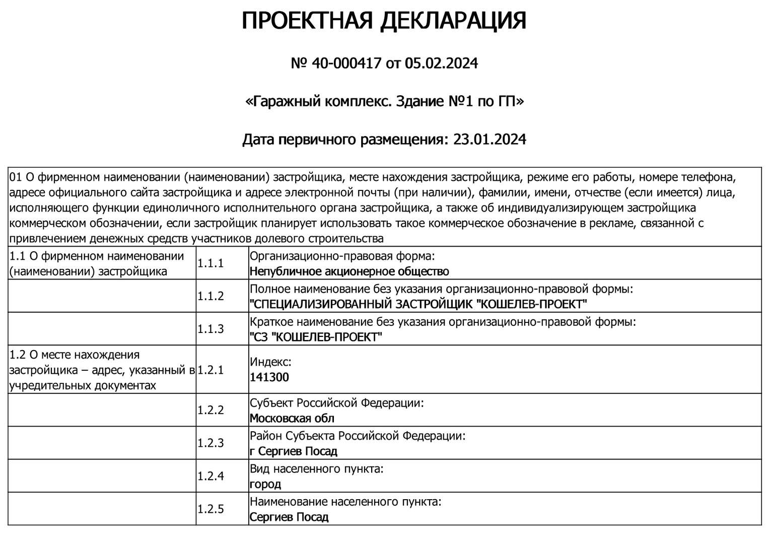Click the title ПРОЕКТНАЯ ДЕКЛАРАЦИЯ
(x=384, y=21)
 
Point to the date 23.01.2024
(x=489, y=139)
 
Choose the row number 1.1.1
(x=211, y=263)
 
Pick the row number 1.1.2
(x=211, y=296)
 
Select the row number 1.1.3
(x=211, y=329)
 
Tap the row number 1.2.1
(x=211, y=370)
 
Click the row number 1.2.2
(x=211, y=410)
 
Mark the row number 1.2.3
(x=211, y=443)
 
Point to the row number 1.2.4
(x=211, y=476)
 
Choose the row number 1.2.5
(x=211, y=509)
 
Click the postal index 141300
(x=269, y=377)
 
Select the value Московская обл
(x=292, y=418)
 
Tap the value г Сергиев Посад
(x=294, y=451)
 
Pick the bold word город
(x=265, y=484)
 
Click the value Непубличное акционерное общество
(x=349, y=271)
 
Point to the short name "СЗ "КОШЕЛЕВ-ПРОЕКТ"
(x=316, y=337)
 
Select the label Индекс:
(x=270, y=362)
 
